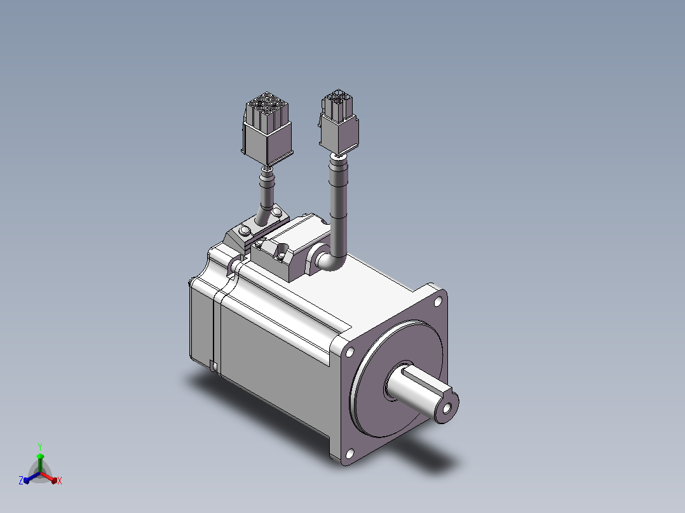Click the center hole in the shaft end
point(447,408)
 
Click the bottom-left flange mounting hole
point(349,454)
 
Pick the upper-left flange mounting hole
point(349,352)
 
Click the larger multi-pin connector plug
point(267,128)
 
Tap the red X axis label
point(60,481)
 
